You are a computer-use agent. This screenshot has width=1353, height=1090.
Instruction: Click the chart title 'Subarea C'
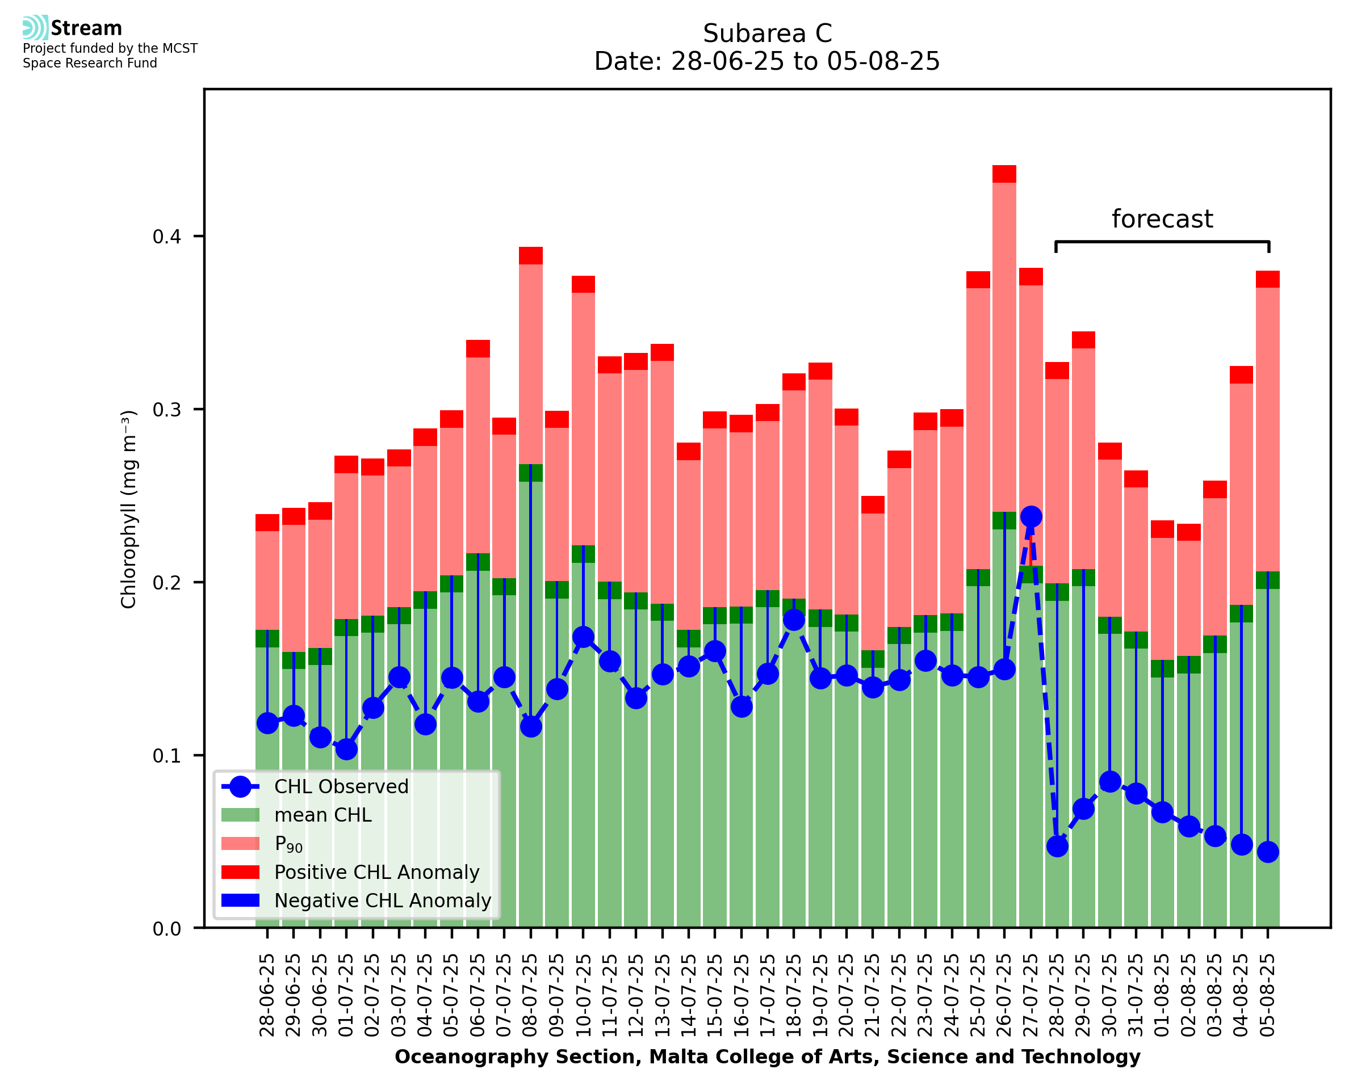point(767,33)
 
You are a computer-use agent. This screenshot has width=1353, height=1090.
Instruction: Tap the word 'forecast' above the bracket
point(1162,219)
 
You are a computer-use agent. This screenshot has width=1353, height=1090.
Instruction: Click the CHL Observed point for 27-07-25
point(1031,517)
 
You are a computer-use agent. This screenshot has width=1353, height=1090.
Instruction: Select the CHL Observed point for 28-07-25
point(1057,847)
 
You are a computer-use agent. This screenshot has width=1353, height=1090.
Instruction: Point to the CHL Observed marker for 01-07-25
point(346,749)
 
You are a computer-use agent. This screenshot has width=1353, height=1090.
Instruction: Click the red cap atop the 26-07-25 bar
point(1004,174)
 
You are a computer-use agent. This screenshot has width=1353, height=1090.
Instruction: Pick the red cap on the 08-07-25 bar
point(531,255)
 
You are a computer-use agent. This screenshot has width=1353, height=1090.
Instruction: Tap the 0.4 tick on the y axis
point(166,237)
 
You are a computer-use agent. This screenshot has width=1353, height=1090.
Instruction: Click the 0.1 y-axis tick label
point(166,755)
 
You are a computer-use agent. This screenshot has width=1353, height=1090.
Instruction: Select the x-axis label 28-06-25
point(267,996)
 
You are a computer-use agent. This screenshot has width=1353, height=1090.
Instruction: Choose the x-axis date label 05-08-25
point(1268,996)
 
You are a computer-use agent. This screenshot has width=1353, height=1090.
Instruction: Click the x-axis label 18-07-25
point(793,996)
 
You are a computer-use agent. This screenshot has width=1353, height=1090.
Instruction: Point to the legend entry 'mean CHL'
point(322,815)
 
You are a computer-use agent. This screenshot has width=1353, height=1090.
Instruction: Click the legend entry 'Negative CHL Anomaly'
point(382,900)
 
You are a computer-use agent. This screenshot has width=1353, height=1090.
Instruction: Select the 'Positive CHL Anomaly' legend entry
point(376,872)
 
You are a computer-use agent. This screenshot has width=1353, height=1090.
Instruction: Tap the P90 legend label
point(288,844)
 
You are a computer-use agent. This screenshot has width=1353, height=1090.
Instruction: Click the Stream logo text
point(86,28)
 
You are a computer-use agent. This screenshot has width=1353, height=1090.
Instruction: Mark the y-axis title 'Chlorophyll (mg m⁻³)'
point(129,509)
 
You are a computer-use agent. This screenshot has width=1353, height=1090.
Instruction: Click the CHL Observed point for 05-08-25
point(1268,852)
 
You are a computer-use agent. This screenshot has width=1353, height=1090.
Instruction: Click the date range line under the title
point(767,61)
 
